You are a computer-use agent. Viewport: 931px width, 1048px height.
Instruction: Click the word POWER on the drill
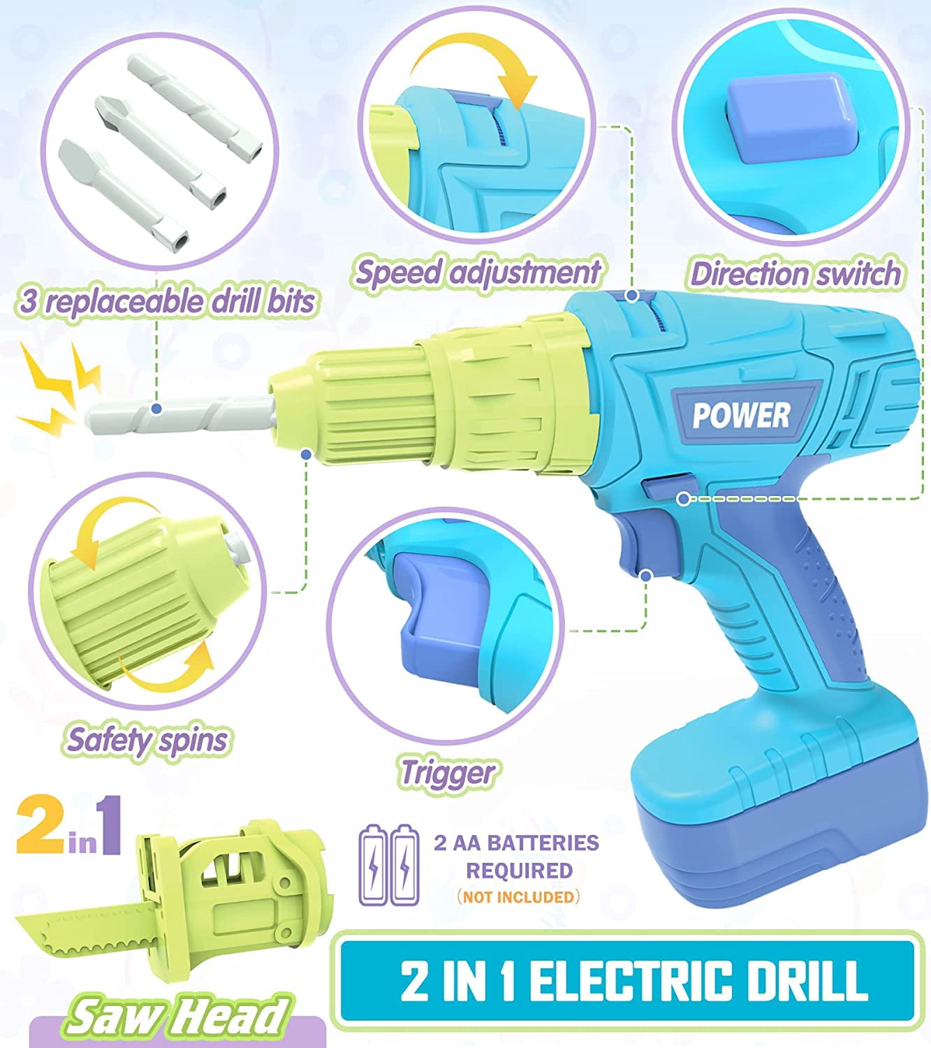(741, 416)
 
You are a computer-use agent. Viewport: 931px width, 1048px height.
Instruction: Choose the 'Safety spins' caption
(147, 741)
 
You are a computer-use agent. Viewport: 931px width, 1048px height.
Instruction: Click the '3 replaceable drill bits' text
(166, 301)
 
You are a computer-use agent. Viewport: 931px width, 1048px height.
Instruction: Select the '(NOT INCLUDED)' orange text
(518, 896)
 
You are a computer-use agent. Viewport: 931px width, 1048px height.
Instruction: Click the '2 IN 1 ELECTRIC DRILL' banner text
(634, 980)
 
